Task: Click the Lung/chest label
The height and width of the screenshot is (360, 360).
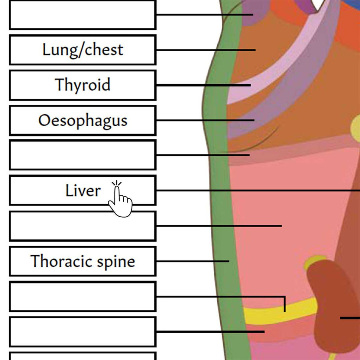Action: tap(82, 50)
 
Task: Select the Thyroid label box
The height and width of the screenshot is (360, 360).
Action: tap(82, 85)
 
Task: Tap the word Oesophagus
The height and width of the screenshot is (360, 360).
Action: tap(82, 120)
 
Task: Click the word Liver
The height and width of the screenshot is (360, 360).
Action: tap(83, 191)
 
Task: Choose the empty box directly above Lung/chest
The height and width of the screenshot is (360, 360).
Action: tap(82, 15)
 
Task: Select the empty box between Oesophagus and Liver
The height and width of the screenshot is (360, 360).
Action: tap(82, 155)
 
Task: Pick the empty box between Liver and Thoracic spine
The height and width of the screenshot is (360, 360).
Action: tap(82, 226)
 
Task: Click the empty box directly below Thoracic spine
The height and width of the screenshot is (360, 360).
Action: tap(82, 296)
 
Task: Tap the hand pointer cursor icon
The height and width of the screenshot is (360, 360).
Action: tap(120, 201)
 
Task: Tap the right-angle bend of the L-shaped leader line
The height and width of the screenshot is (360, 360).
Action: tap(285, 297)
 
